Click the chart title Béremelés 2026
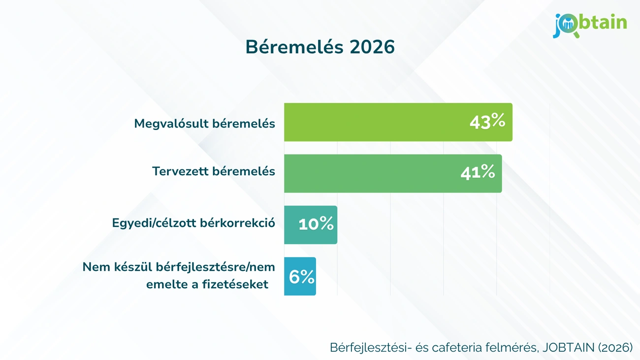(x=320, y=47)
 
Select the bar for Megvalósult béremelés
(x=374, y=122)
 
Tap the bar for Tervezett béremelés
(x=369, y=173)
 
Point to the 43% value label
(x=487, y=122)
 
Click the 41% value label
(x=477, y=172)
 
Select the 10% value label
(x=316, y=225)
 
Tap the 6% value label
(x=301, y=277)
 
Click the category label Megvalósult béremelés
(x=204, y=123)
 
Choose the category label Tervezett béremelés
(x=213, y=171)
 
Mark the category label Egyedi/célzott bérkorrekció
(x=193, y=223)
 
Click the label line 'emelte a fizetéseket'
(x=207, y=284)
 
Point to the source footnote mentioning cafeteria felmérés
(x=481, y=347)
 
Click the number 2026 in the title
(x=373, y=47)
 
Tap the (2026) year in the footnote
(x=615, y=347)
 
